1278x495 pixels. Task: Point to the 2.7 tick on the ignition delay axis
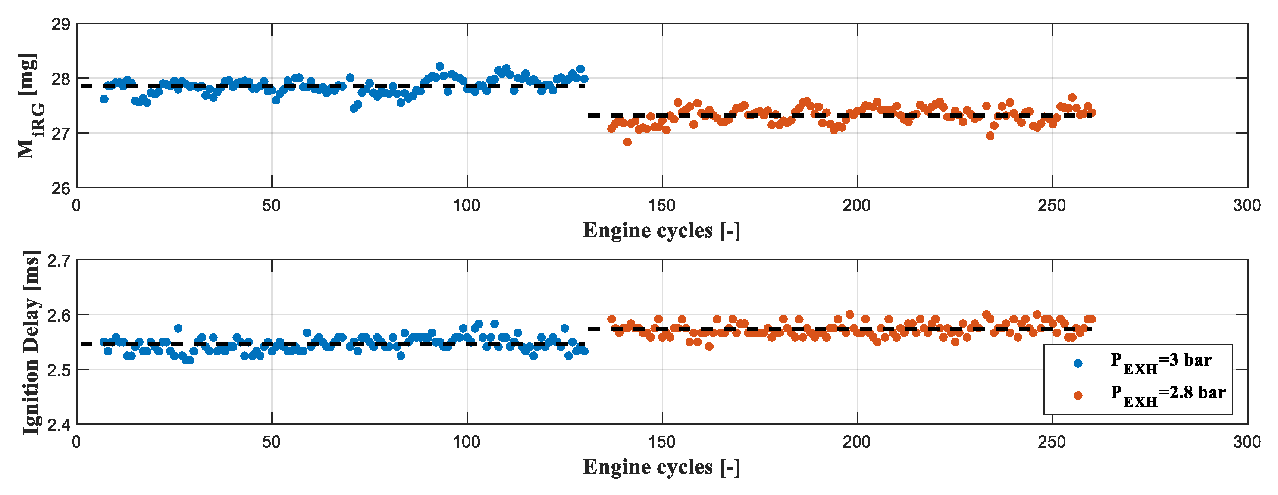coord(59,261)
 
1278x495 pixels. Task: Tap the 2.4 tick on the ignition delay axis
coord(59,424)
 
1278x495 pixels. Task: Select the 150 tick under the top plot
coord(662,205)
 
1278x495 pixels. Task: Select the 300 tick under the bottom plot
coord(1247,441)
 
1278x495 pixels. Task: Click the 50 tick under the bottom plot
coord(271,441)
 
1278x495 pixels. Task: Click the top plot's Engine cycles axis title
coord(661,231)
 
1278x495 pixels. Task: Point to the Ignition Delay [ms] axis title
coord(31,342)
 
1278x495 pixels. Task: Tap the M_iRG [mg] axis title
coord(29,106)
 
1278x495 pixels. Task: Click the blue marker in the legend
coord(1078,363)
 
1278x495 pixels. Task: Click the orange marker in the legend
coord(1078,395)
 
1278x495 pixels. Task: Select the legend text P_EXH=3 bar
coord(1161,361)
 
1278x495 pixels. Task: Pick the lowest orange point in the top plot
coord(627,142)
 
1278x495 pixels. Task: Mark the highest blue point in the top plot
coord(439,66)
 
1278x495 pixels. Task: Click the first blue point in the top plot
coord(104,99)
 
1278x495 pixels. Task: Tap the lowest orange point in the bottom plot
coord(710,346)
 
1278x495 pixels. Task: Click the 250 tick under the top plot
coord(1052,205)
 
